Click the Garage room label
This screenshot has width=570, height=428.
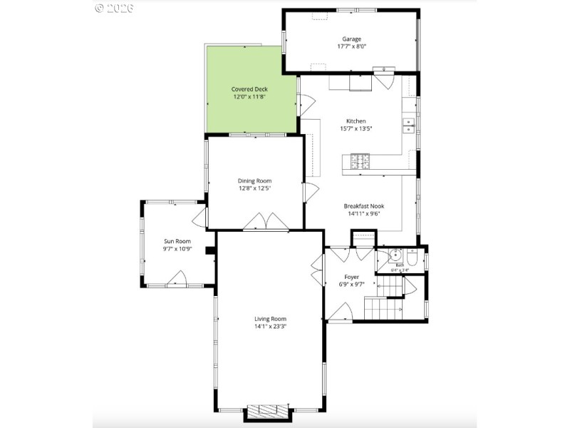click(352, 39)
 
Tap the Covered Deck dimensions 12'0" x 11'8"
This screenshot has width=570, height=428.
click(249, 97)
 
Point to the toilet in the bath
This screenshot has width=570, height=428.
click(412, 258)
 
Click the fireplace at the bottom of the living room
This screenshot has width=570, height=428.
click(268, 412)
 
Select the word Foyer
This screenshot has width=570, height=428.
click(351, 276)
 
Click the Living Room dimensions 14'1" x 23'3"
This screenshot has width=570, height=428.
click(270, 327)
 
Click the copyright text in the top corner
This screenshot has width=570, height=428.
click(114, 9)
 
